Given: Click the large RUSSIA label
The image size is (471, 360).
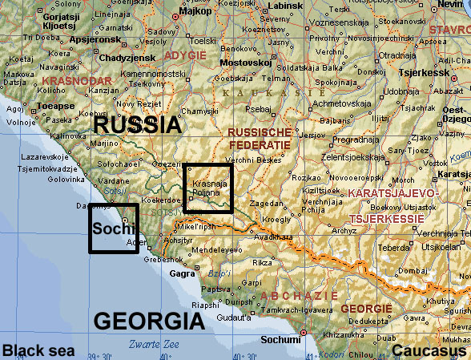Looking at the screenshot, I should point(139,124).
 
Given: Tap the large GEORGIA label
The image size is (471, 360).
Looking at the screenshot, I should point(149,322).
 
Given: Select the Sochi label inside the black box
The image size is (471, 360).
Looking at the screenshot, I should point(110,229).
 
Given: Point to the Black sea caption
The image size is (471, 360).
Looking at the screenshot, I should point(38,350).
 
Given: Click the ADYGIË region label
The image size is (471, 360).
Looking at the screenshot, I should point(185,55).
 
